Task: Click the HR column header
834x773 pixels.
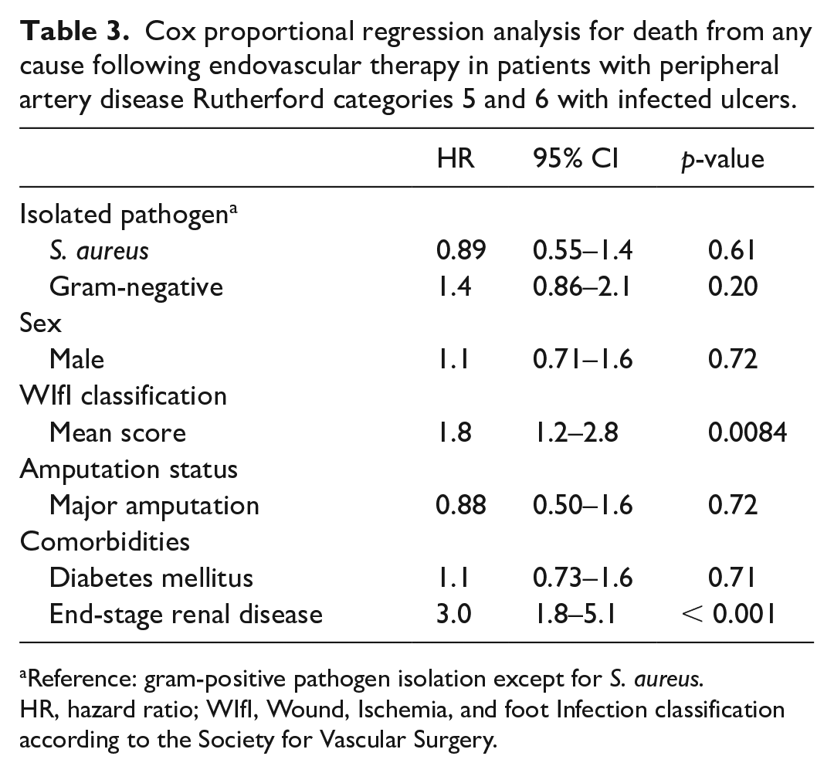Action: (456, 158)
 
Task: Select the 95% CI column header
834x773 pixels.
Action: (575, 158)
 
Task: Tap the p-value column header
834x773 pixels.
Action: (722, 160)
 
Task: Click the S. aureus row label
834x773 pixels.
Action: (99, 250)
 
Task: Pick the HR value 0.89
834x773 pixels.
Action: (460, 250)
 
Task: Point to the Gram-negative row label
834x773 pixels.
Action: (136, 287)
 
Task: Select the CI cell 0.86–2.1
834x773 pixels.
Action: (582, 286)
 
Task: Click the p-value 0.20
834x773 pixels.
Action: (732, 286)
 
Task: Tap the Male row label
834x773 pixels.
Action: (76, 359)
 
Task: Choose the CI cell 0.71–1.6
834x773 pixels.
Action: (582, 359)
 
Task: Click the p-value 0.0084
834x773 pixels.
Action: (748, 432)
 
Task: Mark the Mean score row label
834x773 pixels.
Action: (117, 432)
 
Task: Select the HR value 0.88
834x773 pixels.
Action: (460, 505)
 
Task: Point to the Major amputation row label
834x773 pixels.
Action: (154, 506)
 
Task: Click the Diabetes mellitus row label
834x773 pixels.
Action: (151, 578)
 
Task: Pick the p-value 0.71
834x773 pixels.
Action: (732, 578)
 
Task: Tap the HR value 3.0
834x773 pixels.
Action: (454, 615)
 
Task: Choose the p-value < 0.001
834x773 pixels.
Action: (727, 615)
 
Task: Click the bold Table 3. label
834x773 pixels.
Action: (74, 32)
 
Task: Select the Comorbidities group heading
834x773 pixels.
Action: (105, 541)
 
